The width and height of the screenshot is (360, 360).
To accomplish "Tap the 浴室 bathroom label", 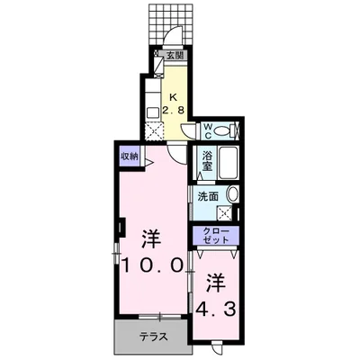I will click(x=206, y=160).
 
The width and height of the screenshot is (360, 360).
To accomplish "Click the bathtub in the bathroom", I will click(x=227, y=163).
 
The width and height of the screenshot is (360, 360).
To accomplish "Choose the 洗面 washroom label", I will click(x=208, y=193).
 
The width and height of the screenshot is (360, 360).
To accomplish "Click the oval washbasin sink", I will click(x=232, y=193).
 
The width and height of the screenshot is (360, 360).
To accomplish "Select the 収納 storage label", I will click(x=130, y=155).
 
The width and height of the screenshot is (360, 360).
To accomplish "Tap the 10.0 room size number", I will click(x=152, y=265).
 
